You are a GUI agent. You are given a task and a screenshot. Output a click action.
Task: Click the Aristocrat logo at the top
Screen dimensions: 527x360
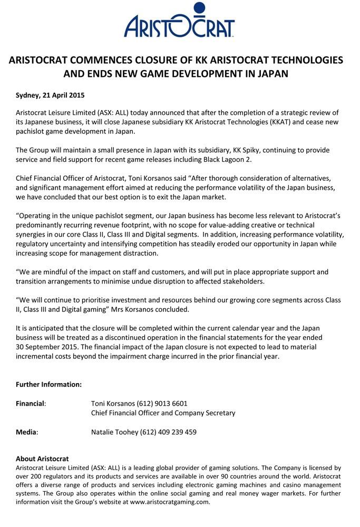tap(179, 25)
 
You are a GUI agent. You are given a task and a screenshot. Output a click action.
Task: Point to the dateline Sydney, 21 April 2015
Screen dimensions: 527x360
tap(50, 96)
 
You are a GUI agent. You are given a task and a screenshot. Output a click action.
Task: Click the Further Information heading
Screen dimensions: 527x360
tap(48, 385)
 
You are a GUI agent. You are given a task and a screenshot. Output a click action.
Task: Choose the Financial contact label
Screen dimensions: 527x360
tap(31, 404)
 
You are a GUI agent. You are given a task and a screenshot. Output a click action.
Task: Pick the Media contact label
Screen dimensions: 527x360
tap(26, 432)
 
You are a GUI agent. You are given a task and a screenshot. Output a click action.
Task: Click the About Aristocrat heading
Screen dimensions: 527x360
tap(42, 459)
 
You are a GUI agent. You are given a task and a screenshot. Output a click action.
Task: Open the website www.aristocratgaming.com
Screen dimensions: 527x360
tap(170, 502)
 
